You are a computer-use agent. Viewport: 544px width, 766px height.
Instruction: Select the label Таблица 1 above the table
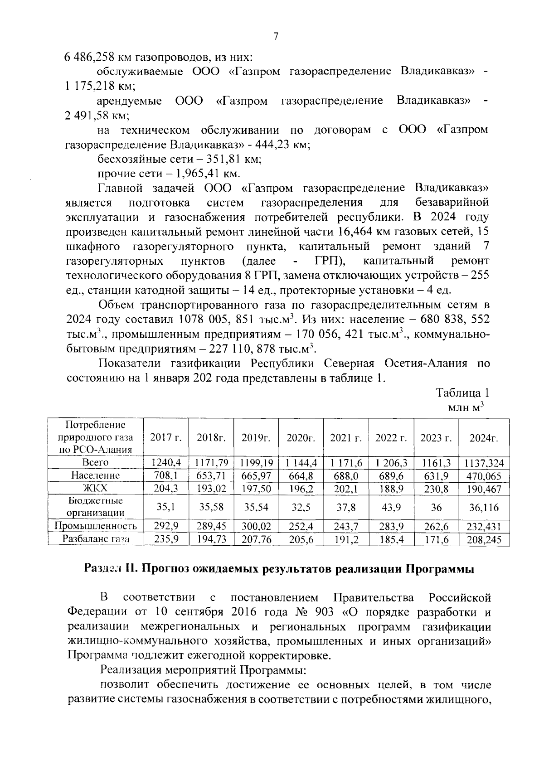click(x=462, y=393)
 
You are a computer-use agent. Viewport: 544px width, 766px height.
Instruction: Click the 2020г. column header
click(x=301, y=438)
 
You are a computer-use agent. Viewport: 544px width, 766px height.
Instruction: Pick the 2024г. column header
click(x=484, y=438)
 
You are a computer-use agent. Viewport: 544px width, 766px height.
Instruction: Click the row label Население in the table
click(x=95, y=475)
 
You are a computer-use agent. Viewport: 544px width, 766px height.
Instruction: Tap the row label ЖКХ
click(x=95, y=488)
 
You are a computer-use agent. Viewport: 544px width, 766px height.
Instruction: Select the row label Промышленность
click(x=95, y=526)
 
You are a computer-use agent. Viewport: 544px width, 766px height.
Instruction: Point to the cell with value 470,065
click(x=484, y=475)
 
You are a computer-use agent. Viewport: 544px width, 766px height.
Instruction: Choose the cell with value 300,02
click(x=256, y=526)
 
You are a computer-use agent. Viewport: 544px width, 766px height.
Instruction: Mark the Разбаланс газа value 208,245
click(x=484, y=539)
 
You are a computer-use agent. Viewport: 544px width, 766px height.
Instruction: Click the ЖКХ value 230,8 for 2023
click(x=436, y=488)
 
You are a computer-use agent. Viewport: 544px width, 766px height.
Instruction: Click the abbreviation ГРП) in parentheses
click(x=330, y=261)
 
